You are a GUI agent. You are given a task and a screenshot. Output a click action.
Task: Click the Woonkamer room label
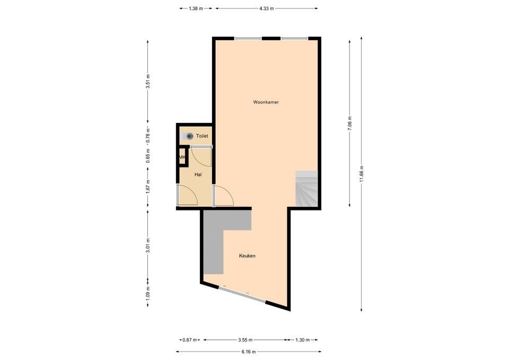(x=266, y=102)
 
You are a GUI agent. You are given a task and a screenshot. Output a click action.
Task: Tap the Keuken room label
(x=247, y=256)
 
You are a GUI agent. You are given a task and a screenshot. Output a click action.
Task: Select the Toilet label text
(x=202, y=136)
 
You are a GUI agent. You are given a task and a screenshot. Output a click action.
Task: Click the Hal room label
(x=198, y=174)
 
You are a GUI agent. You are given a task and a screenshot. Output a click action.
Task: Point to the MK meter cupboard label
(x=182, y=157)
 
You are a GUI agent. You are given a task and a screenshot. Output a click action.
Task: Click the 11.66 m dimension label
(x=362, y=173)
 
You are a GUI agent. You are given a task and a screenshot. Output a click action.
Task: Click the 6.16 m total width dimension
(x=248, y=352)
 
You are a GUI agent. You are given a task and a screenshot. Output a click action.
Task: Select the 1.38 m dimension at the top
(x=196, y=8)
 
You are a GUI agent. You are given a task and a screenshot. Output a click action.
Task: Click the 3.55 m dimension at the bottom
(x=245, y=340)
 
